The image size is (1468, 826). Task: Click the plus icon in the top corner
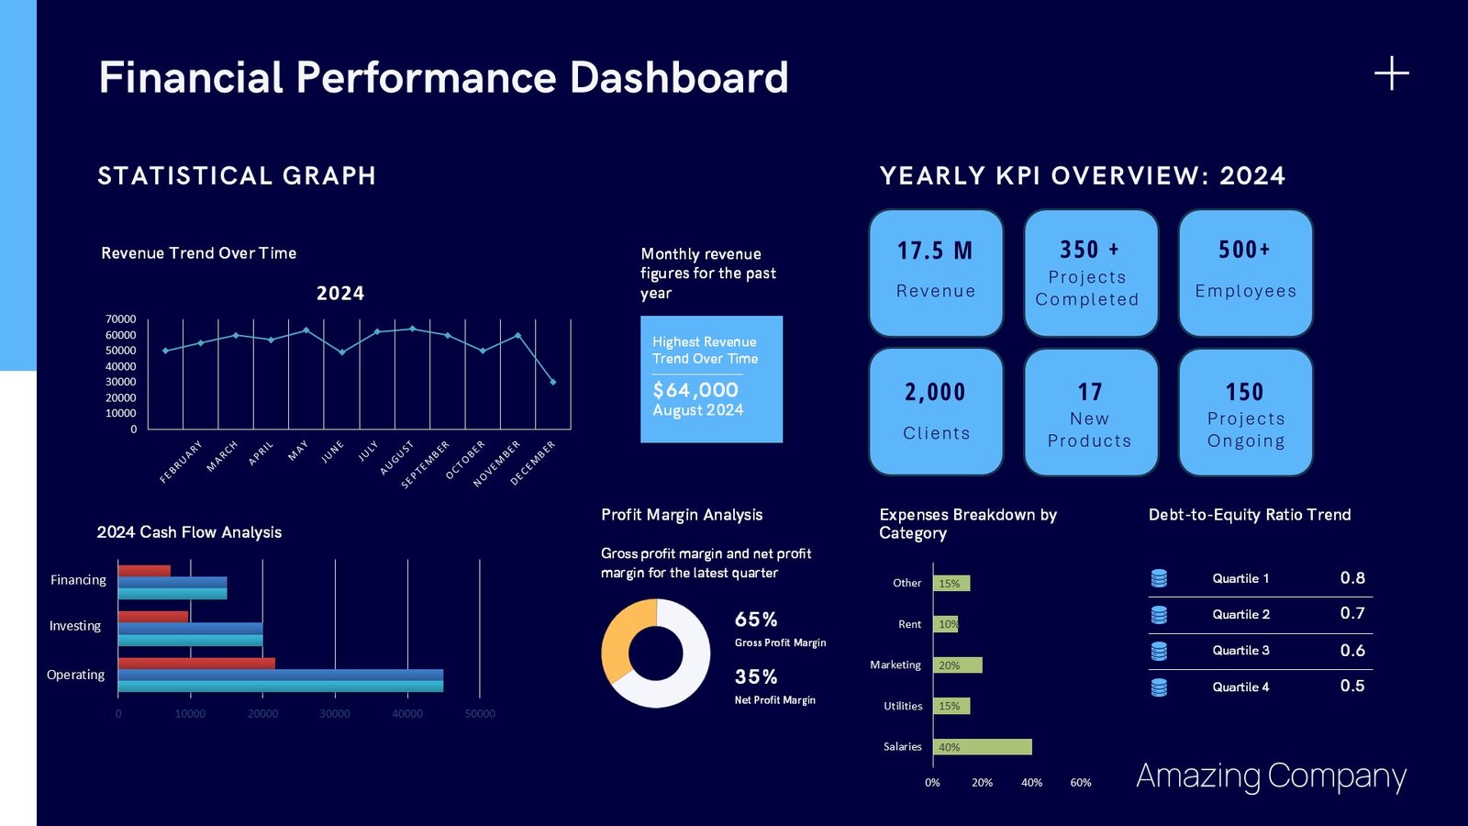(1391, 73)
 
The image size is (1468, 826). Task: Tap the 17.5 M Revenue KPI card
(936, 273)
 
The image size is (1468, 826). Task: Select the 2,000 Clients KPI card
(936, 411)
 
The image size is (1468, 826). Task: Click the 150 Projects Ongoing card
(1245, 411)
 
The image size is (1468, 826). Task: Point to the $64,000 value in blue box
(695, 390)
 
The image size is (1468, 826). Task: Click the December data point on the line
(552, 382)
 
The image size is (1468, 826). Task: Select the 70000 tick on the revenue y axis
(120, 319)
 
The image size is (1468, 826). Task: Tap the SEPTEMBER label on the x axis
(426, 464)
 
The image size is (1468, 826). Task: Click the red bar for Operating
(195, 664)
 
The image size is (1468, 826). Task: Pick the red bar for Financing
(144, 571)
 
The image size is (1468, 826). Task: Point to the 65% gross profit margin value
(756, 619)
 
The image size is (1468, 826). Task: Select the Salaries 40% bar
(982, 747)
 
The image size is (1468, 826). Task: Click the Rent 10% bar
(946, 624)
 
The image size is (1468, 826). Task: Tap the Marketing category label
(895, 664)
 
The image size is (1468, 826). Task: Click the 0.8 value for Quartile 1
(1351, 578)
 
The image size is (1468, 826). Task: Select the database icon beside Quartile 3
(1159, 651)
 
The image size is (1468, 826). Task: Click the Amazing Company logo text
(1271, 776)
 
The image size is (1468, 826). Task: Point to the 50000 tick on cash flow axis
(479, 714)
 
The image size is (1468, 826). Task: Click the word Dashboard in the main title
(678, 77)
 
